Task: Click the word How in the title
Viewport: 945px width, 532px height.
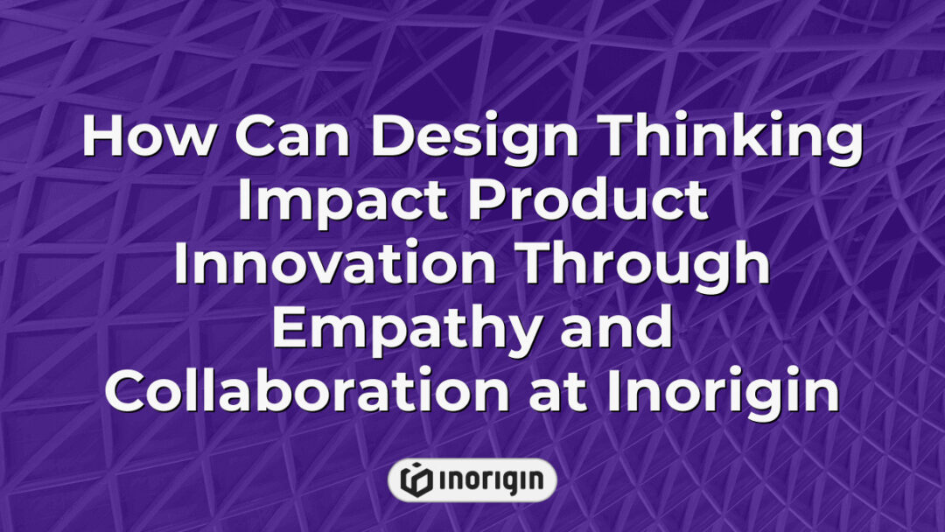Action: click(x=139, y=138)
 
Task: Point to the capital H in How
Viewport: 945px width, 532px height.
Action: click(x=102, y=138)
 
